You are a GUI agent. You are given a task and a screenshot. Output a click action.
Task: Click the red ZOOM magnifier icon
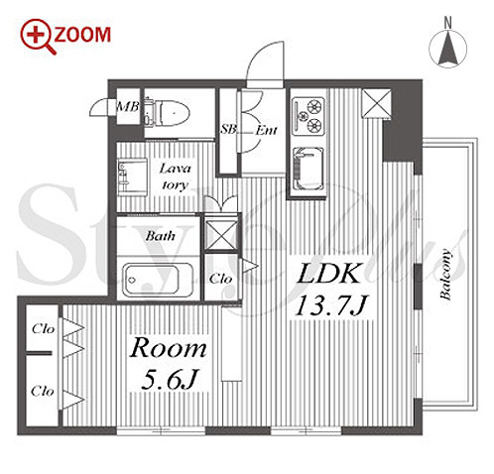pos(38,36)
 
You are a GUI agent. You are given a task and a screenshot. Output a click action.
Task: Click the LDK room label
pos(328,274)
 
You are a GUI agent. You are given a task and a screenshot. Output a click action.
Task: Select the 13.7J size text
pos(331,306)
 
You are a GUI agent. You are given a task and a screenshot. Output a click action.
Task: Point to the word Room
pos(168,348)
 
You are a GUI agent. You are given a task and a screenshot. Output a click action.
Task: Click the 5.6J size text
pos(170,379)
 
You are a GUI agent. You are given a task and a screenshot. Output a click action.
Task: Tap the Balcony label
pos(445,275)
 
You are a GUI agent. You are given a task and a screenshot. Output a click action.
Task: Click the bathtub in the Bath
pos(158,280)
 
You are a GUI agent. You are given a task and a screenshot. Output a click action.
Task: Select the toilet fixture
pos(167,113)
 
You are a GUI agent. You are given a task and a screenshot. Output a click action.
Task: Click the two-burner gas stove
pos(309,116)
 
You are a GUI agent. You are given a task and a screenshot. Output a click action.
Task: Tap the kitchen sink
pos(309,169)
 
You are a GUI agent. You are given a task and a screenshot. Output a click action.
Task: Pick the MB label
pos(128,107)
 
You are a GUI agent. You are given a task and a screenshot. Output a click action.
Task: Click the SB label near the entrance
pos(228,130)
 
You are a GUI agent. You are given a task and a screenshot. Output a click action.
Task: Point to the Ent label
pos(266,131)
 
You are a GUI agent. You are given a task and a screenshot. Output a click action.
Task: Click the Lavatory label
pos(175,177)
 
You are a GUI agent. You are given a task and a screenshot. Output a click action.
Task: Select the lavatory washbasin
pos(132,177)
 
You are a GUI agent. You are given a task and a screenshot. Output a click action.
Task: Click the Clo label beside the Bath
pos(220,279)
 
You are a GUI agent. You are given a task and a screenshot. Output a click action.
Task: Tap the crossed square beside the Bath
pos(221,235)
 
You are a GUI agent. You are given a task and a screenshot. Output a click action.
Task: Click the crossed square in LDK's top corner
pos(377,103)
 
